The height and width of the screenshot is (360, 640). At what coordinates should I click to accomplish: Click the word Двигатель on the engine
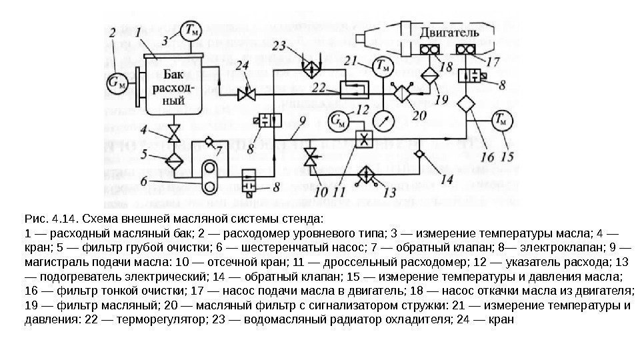click(x=450, y=32)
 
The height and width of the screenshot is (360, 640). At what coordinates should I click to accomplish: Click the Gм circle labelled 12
click(x=339, y=121)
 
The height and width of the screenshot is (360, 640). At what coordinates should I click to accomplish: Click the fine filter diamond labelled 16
click(x=465, y=105)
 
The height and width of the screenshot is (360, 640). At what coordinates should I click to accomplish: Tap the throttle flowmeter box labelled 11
click(x=364, y=139)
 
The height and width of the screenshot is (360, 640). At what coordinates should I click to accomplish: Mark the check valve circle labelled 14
click(x=419, y=155)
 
